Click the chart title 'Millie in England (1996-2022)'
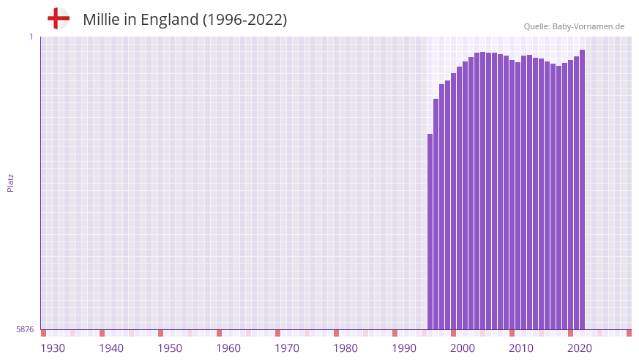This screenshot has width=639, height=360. click(184, 20)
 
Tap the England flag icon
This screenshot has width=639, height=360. click(58, 18)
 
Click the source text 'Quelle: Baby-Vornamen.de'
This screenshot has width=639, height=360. click(574, 26)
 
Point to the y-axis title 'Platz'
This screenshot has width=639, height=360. click(10, 182)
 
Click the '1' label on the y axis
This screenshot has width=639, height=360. click(31, 37)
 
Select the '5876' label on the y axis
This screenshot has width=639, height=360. click(25, 330)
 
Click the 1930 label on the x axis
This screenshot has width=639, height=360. click(53, 348)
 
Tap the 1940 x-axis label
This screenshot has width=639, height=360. click(111, 348)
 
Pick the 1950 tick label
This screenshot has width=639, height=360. click(170, 348)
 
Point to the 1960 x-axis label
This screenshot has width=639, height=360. click(228, 348)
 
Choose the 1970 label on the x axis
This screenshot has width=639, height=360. click(287, 348)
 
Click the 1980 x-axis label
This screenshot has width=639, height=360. click(345, 348)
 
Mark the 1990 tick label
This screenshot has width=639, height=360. click(404, 348)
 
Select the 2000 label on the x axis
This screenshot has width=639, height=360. click(463, 348)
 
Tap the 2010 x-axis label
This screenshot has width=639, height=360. click(521, 348)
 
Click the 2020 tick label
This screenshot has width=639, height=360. click(580, 348)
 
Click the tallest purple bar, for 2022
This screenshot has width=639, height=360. click(582, 190)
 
